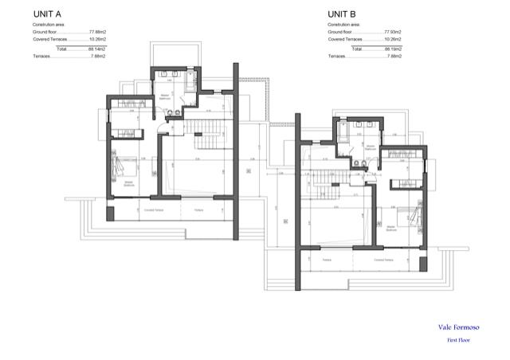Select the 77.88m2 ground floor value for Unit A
(98, 32)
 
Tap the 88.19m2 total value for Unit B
(392, 49)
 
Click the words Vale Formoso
(458, 326)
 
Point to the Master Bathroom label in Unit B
(370, 148)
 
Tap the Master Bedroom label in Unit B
(391, 229)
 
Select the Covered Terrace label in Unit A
(154, 210)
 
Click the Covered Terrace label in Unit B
(384, 260)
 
